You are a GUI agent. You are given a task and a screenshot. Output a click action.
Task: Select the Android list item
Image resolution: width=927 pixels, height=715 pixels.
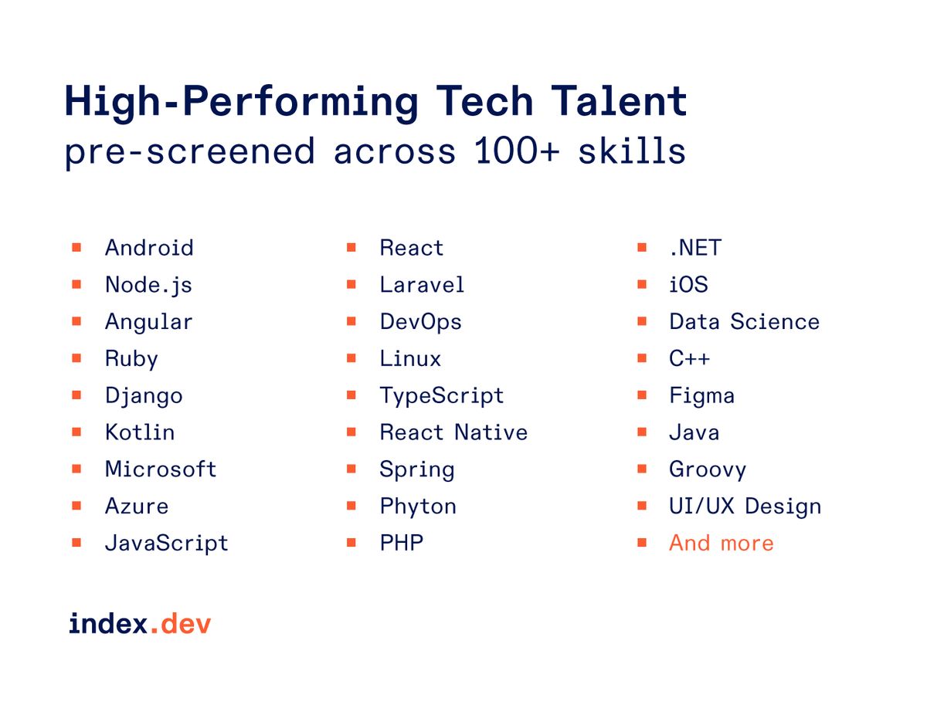(x=149, y=248)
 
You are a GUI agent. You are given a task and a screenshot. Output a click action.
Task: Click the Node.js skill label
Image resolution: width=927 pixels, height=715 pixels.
(x=148, y=285)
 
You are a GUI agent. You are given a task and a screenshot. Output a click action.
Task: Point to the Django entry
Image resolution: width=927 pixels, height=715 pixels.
(x=144, y=396)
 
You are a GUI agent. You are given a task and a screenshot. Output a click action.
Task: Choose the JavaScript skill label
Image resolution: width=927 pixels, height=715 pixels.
(x=167, y=544)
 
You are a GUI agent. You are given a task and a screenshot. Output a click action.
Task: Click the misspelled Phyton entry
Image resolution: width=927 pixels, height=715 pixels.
(x=418, y=507)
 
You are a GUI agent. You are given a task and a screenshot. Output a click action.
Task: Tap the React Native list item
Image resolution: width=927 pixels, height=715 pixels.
(x=453, y=432)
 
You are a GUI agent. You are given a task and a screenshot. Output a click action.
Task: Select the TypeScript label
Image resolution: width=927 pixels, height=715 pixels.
(x=441, y=396)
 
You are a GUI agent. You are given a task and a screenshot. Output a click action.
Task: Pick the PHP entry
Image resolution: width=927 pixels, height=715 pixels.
(x=402, y=544)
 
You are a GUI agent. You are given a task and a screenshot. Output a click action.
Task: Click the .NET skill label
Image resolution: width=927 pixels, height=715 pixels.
(x=694, y=248)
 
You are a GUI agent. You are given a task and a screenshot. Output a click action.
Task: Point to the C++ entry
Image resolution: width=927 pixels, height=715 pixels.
(x=689, y=359)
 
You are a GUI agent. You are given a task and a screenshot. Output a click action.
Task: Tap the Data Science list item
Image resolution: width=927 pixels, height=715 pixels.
(x=744, y=322)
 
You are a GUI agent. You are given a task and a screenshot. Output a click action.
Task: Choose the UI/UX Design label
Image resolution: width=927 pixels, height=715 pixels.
(x=745, y=507)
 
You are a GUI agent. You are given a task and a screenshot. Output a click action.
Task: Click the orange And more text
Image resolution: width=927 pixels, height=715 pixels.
(x=721, y=544)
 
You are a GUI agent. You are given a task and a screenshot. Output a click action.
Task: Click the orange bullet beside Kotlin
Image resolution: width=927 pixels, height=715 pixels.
(x=76, y=432)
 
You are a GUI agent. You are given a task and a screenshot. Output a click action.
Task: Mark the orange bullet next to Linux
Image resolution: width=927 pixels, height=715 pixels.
(x=351, y=358)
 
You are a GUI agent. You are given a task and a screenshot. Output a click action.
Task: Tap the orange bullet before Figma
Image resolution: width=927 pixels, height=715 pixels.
(x=642, y=395)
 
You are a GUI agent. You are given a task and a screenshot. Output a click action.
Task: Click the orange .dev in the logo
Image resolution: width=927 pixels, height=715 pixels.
(x=180, y=624)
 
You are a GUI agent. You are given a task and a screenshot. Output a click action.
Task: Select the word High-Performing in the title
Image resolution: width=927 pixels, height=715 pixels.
(x=241, y=102)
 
